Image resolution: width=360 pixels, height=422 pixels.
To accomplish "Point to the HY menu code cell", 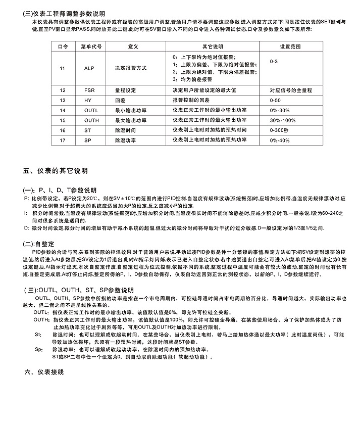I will (88, 100).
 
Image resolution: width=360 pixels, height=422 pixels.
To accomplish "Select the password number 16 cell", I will (63, 130).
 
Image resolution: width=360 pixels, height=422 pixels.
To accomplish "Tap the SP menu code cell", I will (88, 140).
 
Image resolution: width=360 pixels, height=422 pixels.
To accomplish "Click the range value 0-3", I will (274, 61).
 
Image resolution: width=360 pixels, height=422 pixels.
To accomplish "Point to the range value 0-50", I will (275, 100).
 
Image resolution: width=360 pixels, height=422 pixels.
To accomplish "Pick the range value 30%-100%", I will (282, 120).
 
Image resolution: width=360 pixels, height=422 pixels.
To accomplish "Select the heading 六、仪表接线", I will (44, 373).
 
